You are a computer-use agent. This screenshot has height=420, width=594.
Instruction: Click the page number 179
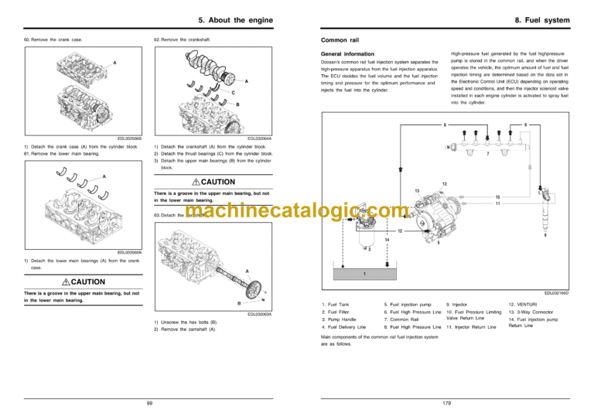click(446, 402)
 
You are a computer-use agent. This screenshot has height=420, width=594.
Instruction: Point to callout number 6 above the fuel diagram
click(445, 125)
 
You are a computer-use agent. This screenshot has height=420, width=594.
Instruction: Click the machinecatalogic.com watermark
click(297, 211)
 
